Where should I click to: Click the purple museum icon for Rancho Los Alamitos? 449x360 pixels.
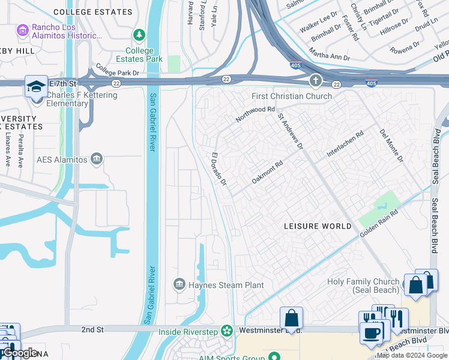point(23,29)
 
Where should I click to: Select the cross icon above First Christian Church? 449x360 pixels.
point(316,81)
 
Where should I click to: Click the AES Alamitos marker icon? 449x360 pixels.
point(96,158)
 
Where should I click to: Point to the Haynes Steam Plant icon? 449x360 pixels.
point(179,284)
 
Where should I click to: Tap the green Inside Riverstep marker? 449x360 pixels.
point(226,331)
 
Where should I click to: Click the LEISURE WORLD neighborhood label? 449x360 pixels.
point(318,226)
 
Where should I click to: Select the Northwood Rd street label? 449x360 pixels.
point(255,114)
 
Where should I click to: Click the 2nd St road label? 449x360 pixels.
point(92,329)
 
